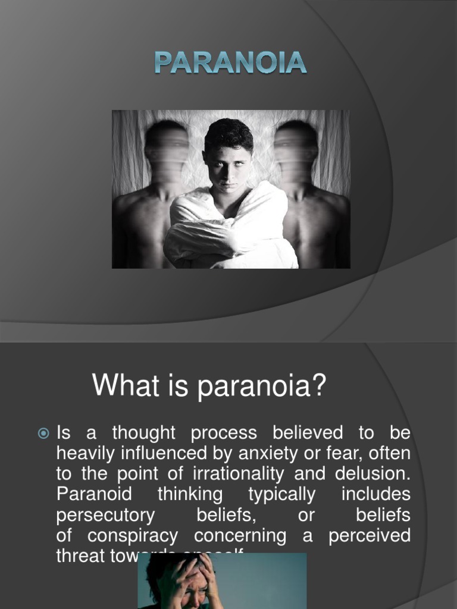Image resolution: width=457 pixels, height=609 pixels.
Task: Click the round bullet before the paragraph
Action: coord(43,434)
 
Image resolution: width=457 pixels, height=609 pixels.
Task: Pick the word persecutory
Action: coord(105,515)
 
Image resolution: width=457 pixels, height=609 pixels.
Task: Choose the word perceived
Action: coord(369,536)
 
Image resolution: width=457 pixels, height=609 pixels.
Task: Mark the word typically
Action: coord(281,494)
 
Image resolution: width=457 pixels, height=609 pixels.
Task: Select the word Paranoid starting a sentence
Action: coord(94,494)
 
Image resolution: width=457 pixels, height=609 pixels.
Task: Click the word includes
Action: coord(376,494)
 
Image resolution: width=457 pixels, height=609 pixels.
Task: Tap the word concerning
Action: coord(240,536)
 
